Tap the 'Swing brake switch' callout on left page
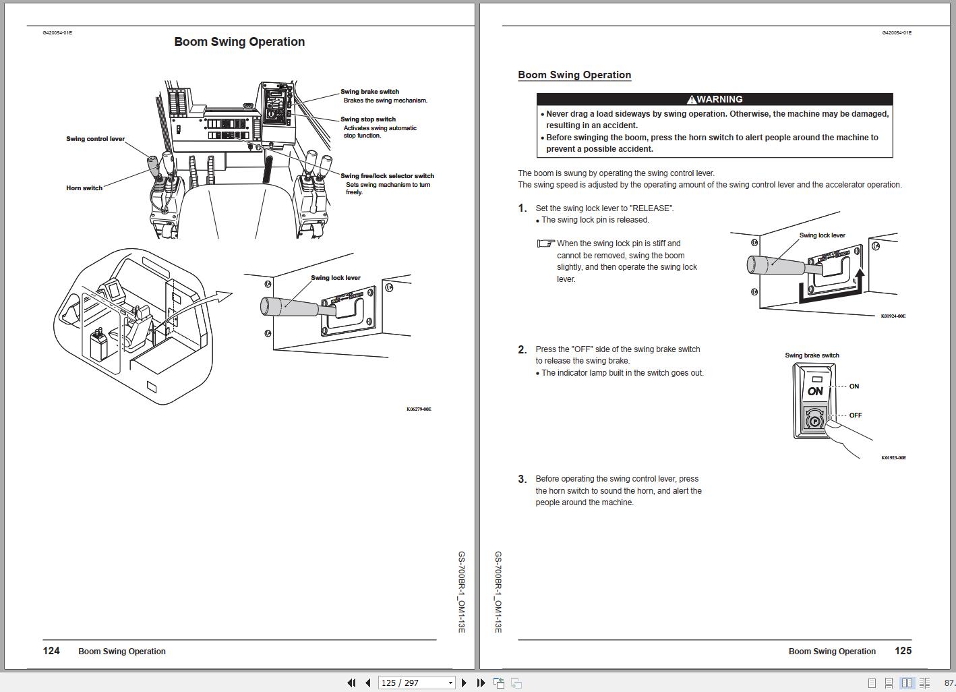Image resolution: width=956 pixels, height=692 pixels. click(369, 92)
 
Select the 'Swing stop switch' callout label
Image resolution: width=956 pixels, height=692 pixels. click(367, 119)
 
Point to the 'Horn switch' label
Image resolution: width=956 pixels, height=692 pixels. click(84, 188)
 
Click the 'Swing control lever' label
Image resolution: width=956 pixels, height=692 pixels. click(95, 139)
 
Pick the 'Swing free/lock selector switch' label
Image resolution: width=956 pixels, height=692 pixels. click(387, 176)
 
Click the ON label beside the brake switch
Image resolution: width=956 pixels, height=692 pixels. click(854, 386)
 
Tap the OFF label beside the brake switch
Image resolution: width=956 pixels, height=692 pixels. click(856, 415)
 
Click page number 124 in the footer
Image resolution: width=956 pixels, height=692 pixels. click(51, 651)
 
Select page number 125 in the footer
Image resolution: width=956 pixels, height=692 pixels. click(903, 651)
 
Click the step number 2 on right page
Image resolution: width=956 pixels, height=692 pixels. click(522, 349)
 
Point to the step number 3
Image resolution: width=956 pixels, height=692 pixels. click(522, 480)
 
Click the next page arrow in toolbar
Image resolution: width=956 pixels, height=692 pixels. click(464, 683)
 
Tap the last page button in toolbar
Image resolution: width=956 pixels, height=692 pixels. click(481, 683)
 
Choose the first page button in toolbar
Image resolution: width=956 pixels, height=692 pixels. click(351, 683)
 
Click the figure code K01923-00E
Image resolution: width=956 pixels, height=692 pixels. click(893, 458)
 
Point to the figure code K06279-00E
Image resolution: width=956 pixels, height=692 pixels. click(419, 409)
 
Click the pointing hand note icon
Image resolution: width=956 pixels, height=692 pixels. click(545, 243)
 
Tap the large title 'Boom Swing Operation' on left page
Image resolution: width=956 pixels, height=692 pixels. click(239, 42)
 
